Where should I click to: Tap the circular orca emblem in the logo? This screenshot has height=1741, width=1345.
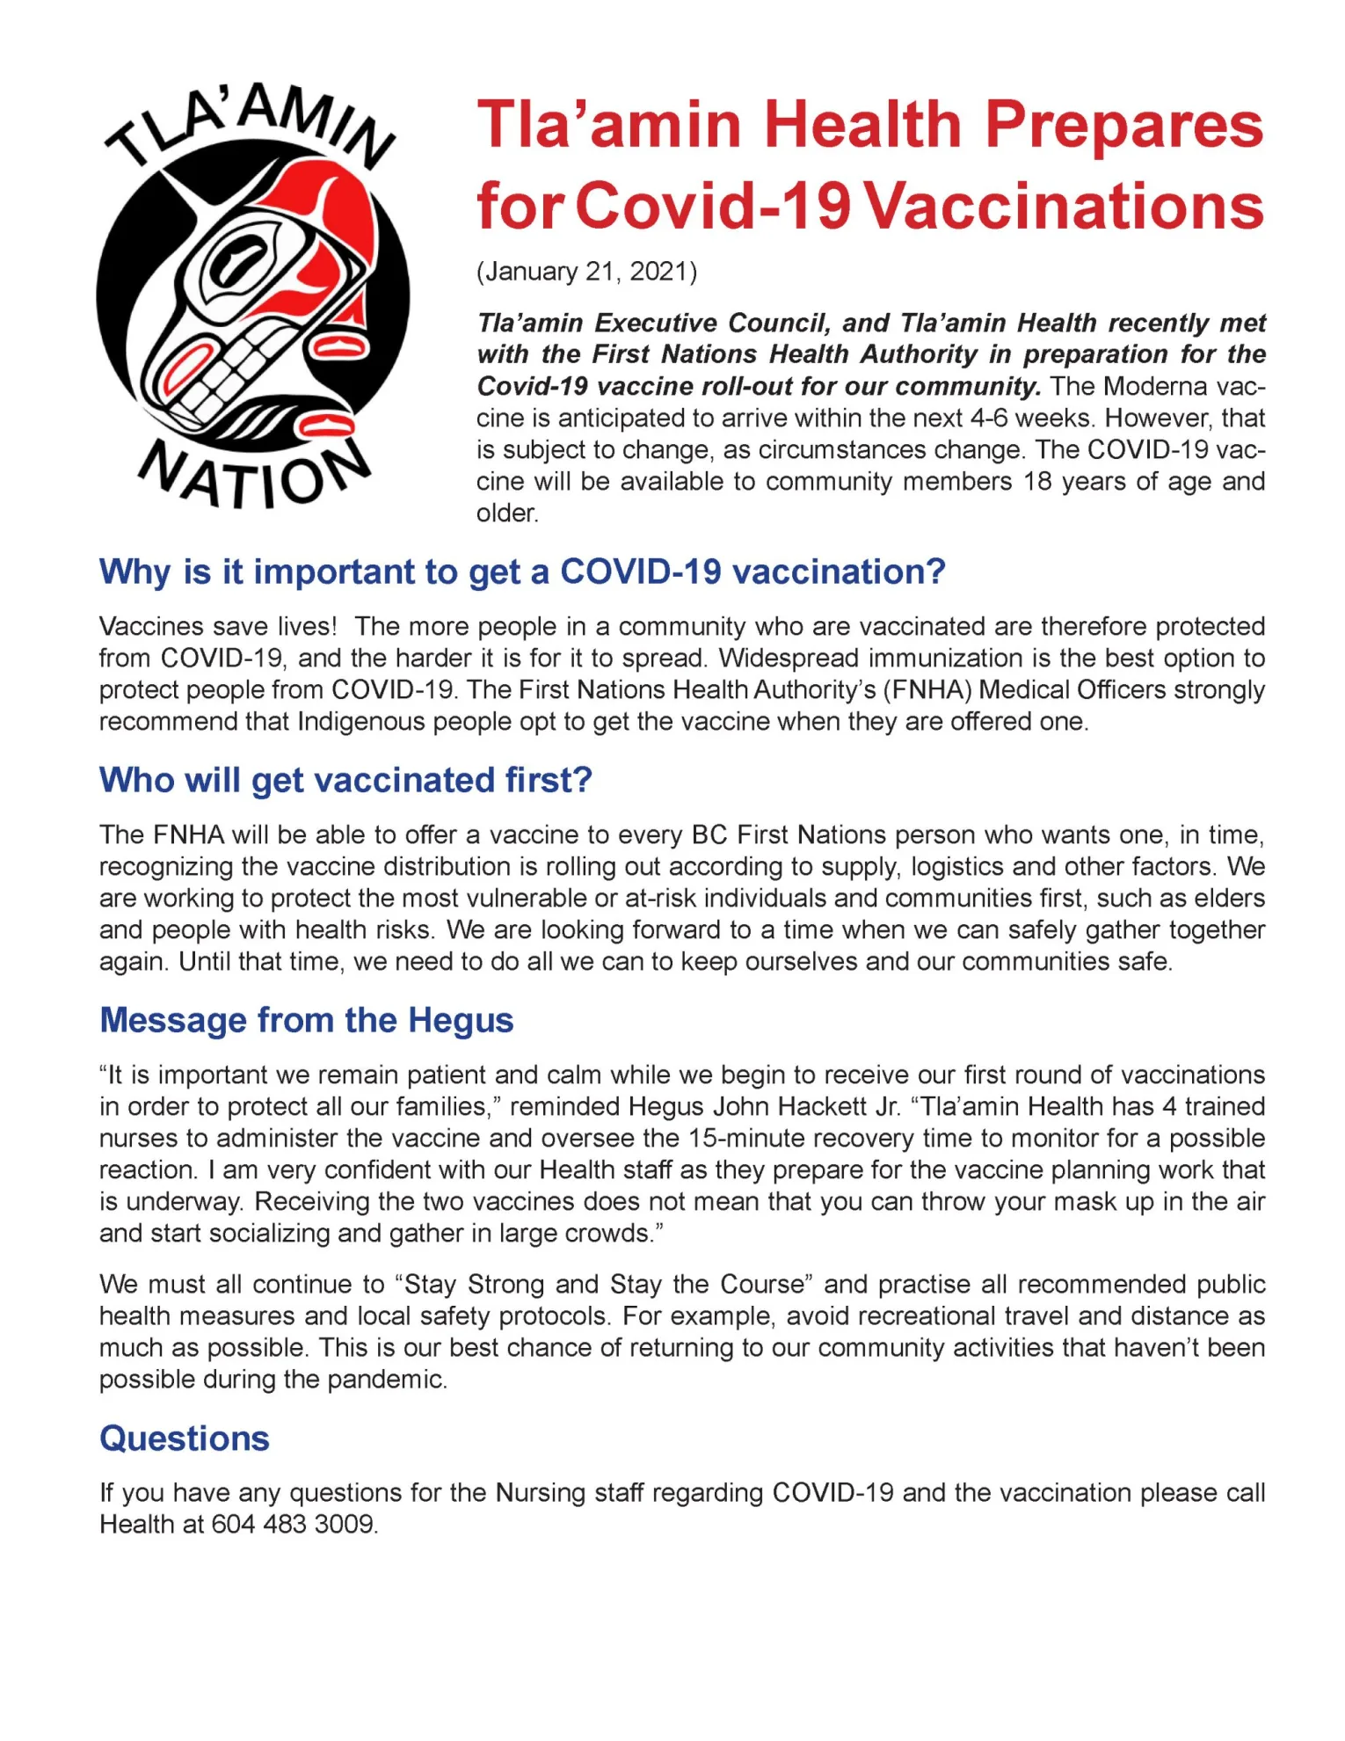[x=253, y=295]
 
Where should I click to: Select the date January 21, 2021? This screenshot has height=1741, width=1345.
[x=586, y=272]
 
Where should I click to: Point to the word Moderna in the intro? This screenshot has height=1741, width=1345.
[x=1154, y=386]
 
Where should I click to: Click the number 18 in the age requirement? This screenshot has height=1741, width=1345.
[x=1036, y=481]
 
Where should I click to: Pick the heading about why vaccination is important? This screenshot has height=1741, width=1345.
[x=522, y=572]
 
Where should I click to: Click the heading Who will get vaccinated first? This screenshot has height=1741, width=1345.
[x=345, y=780]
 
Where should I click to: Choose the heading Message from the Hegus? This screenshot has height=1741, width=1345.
[x=306, y=1020]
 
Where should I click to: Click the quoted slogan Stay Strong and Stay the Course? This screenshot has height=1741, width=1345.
[x=604, y=1284]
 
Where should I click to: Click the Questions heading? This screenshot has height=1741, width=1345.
[x=185, y=1439]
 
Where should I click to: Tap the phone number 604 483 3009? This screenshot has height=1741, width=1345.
[x=294, y=1524]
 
